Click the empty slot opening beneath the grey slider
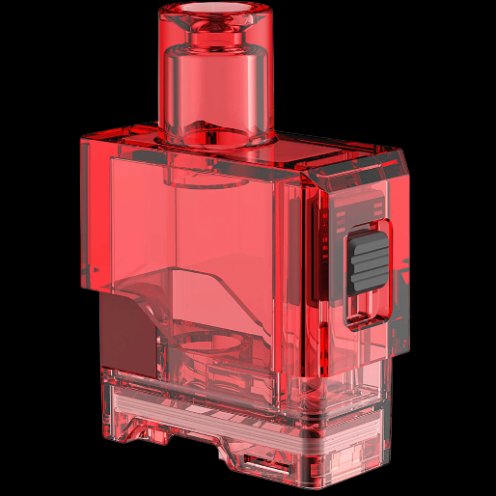[x=367, y=306]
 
